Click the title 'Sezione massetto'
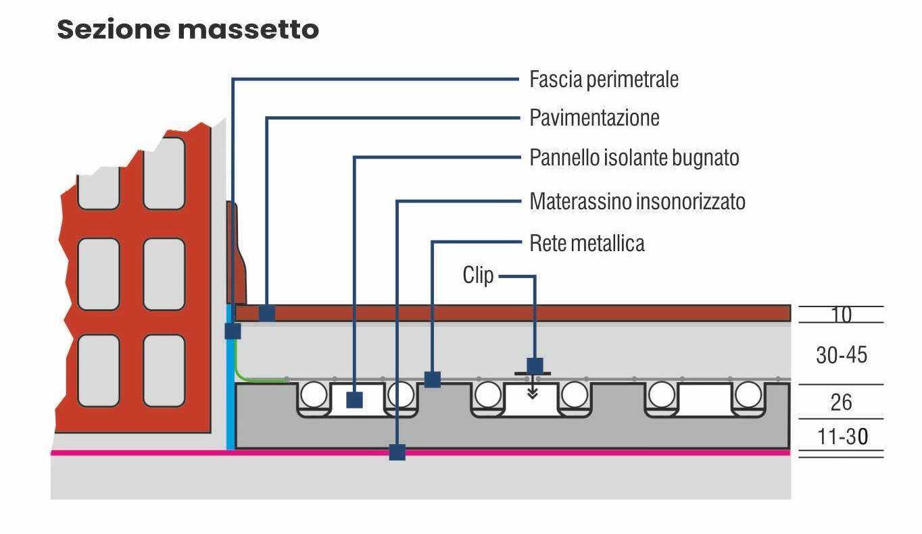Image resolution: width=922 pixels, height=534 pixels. point(188,30)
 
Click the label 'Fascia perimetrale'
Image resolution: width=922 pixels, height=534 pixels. point(604,80)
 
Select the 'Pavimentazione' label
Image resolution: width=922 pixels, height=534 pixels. point(594,118)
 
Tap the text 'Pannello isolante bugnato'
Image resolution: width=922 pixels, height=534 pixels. point(634,158)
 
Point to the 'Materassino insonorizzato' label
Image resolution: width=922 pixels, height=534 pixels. point(637,201)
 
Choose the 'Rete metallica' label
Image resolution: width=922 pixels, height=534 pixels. point(587,243)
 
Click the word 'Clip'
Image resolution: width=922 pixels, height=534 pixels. point(478,275)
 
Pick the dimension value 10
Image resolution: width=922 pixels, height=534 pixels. point(841,315)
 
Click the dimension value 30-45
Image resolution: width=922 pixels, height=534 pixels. point(841,354)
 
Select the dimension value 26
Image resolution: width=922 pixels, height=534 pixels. point(841,402)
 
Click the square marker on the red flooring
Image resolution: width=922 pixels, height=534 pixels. point(267,313)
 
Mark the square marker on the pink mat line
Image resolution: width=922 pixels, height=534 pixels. point(397,452)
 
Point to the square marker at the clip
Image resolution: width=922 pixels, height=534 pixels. point(535,365)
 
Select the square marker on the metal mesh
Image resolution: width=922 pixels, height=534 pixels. point(433,379)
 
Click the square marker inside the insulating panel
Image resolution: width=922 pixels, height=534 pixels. point(354,400)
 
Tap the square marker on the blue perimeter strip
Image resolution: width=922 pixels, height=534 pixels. point(233,331)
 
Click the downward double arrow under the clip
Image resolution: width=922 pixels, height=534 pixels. point(533,392)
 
